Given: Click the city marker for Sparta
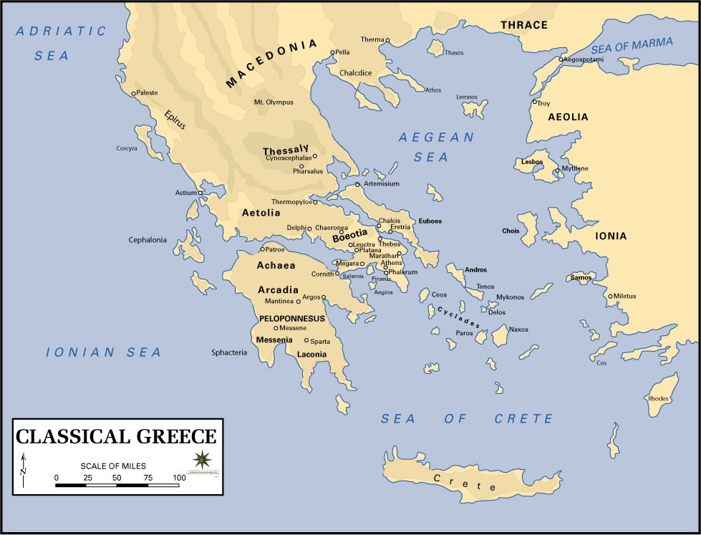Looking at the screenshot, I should click(306, 340).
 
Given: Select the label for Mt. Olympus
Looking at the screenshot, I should click(274, 102).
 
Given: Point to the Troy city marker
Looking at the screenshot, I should click(534, 102).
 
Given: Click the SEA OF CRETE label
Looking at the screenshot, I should click(467, 419).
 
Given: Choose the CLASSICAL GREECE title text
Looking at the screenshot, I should click(116, 437).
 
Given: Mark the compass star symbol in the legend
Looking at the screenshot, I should click(201, 458).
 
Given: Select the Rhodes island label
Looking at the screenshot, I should click(658, 398).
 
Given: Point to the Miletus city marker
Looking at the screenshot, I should click(610, 296).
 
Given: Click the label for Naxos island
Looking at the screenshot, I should click(518, 329).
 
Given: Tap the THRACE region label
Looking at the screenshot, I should click(524, 25).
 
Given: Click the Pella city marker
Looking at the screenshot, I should click(332, 52).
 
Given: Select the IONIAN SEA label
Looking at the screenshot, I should click(104, 352).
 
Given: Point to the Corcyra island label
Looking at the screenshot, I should click(126, 149).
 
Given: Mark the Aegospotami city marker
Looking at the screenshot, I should click(561, 59).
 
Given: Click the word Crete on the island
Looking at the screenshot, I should click(465, 482).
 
